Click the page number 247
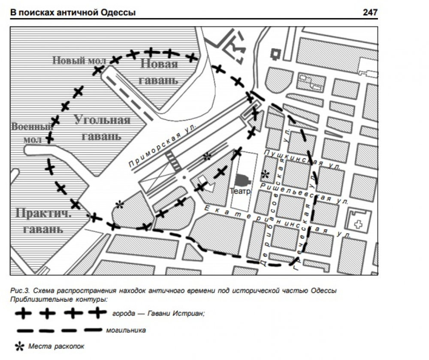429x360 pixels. click(x=370, y=12)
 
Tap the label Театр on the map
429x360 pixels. click(x=240, y=191)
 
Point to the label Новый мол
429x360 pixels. click(x=76, y=60)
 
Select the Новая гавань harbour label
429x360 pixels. click(x=159, y=72)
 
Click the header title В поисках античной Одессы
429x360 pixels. click(x=73, y=13)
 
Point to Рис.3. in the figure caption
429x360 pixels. click(x=18, y=291)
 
